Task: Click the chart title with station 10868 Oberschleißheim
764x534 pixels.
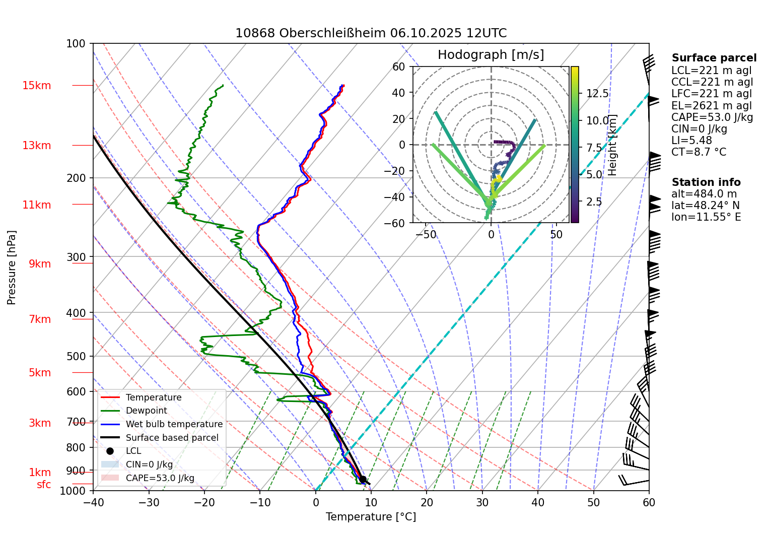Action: (x=371, y=33)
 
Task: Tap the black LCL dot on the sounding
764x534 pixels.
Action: (x=363, y=479)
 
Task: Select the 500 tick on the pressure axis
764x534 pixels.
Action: (x=77, y=356)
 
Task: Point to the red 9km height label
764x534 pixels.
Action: (x=40, y=264)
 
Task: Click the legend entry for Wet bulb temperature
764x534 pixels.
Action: (x=174, y=424)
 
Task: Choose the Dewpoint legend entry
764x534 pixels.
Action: (x=146, y=411)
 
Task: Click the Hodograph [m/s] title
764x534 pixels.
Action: (x=491, y=55)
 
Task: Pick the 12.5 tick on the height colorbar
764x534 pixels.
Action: (x=597, y=94)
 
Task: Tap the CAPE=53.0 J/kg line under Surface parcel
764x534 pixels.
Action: (x=712, y=117)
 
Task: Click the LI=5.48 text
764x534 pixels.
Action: (x=691, y=141)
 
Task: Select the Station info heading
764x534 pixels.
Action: (x=706, y=182)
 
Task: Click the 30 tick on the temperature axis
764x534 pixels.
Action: (x=482, y=502)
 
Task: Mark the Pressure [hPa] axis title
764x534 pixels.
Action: (x=12, y=268)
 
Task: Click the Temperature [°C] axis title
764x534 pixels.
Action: (x=371, y=517)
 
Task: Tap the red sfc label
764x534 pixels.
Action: (x=44, y=485)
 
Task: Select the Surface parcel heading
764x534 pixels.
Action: (x=714, y=58)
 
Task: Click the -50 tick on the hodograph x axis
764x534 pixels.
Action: (x=426, y=234)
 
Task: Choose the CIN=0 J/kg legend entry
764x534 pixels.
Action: (x=149, y=464)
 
